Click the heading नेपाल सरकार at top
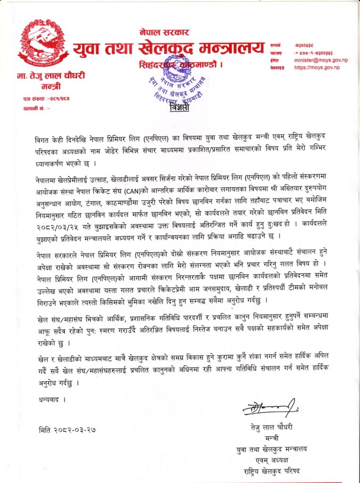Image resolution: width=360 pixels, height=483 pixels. coord(164,33)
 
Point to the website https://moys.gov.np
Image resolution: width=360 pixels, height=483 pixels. coord(316,68)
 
